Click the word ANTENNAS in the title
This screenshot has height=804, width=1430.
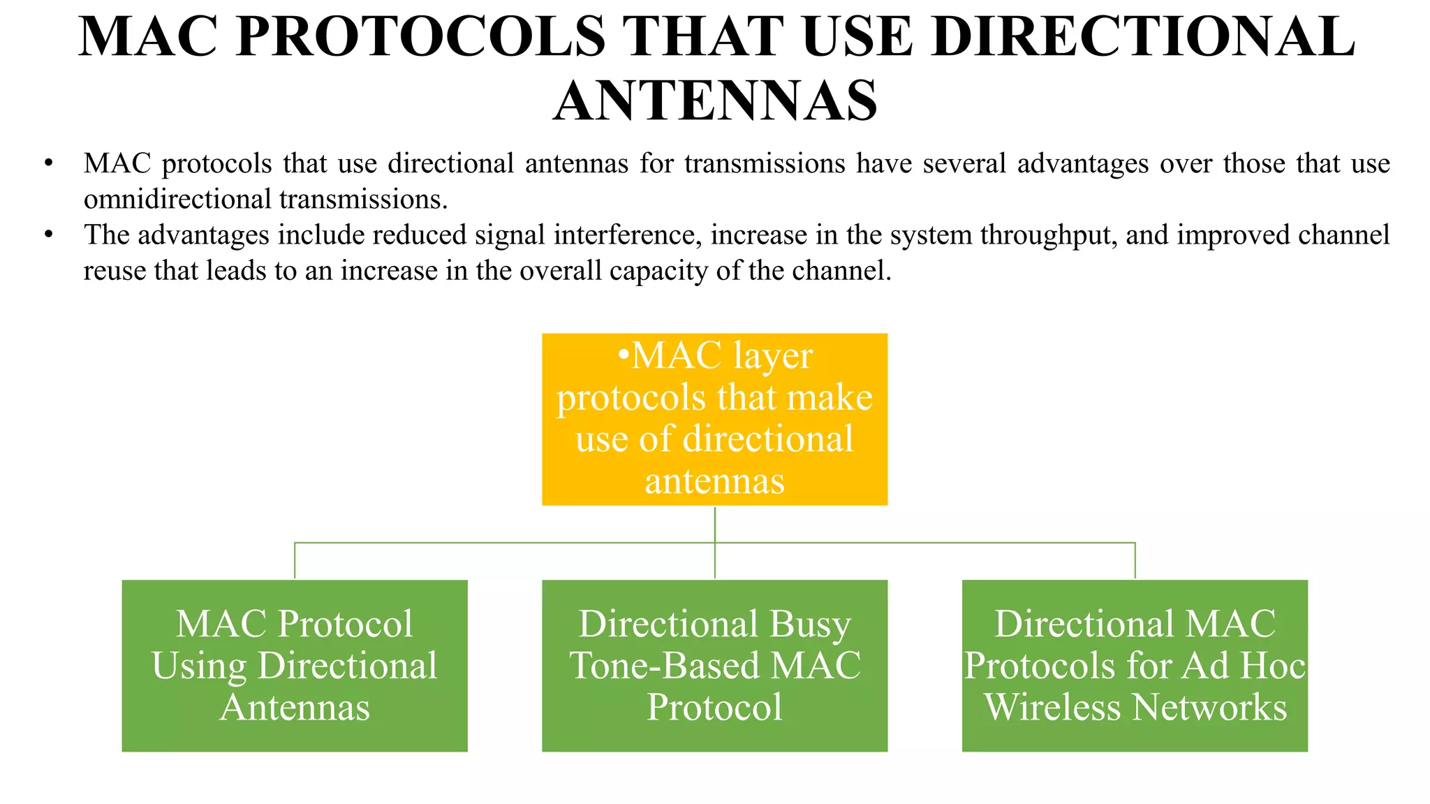(715, 101)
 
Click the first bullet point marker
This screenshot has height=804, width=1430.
(48, 164)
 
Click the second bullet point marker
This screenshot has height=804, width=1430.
(48, 235)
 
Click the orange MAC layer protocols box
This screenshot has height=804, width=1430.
(714, 419)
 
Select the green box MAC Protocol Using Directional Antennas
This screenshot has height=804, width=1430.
(295, 665)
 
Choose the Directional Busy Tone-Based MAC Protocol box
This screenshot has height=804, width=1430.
(714, 665)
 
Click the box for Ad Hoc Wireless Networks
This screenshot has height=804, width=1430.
(1135, 665)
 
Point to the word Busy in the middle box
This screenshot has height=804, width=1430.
(810, 624)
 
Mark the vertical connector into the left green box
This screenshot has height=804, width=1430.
(295, 560)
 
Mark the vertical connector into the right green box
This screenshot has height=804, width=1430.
(1135, 560)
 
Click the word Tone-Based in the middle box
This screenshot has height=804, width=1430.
(664, 665)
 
